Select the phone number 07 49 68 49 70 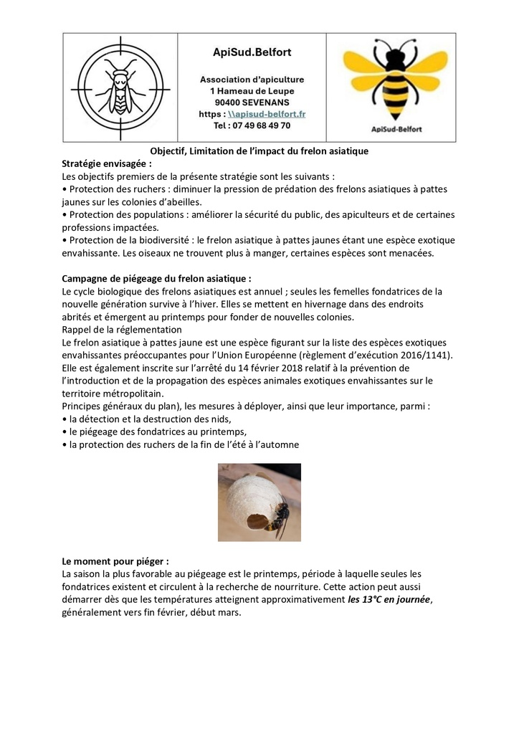click(x=252, y=125)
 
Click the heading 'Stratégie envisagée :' click(x=107, y=163)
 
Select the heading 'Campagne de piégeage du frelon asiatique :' click(x=157, y=279)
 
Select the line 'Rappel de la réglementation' click(x=122, y=330)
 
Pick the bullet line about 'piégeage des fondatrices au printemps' click(x=158, y=432)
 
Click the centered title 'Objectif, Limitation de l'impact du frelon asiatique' click(x=259, y=151)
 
